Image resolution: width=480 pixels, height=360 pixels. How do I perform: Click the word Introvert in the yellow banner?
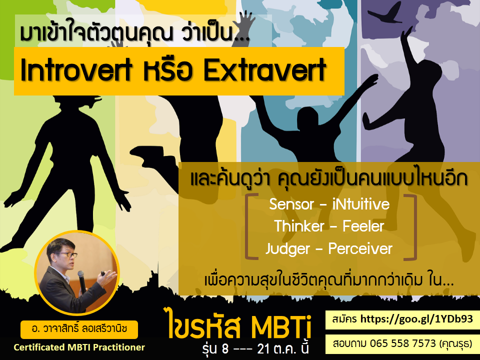(x=76, y=70)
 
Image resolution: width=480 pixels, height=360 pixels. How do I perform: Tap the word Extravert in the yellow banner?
(x=265, y=70)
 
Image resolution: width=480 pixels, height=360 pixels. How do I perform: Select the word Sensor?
(x=291, y=204)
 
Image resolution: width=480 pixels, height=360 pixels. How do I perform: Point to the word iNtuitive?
(x=361, y=204)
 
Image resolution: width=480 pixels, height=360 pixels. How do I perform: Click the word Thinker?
(x=299, y=226)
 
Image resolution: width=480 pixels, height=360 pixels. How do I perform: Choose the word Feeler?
(x=363, y=226)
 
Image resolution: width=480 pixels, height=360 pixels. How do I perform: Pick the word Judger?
(x=288, y=249)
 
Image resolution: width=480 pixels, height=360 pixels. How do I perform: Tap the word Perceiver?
(x=360, y=248)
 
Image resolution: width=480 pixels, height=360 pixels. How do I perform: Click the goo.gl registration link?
(x=416, y=319)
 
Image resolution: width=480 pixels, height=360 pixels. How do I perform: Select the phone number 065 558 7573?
(x=402, y=343)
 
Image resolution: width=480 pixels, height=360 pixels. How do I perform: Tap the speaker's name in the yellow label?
(x=79, y=329)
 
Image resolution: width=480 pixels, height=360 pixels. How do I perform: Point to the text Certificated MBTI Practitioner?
(x=79, y=347)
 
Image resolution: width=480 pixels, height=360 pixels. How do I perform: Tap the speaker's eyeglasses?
(x=66, y=254)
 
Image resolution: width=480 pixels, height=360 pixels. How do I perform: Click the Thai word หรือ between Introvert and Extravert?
(x=168, y=70)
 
